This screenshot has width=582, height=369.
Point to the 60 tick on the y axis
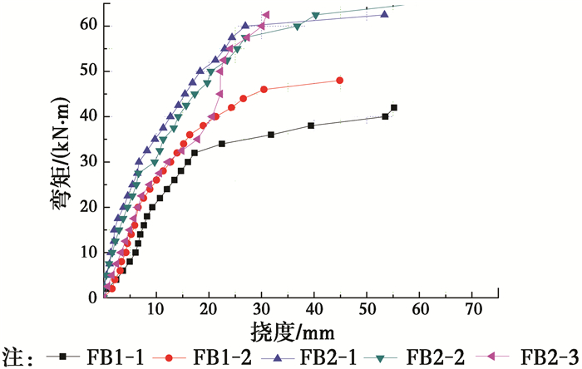point(89,26)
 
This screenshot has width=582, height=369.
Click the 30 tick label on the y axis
point(89,161)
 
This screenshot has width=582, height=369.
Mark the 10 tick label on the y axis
point(89,252)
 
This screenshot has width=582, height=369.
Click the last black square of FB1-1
point(394,107)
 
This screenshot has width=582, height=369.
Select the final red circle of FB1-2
point(339,81)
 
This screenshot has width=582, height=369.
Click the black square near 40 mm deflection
point(311,125)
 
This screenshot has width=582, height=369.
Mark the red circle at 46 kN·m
point(264,89)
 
